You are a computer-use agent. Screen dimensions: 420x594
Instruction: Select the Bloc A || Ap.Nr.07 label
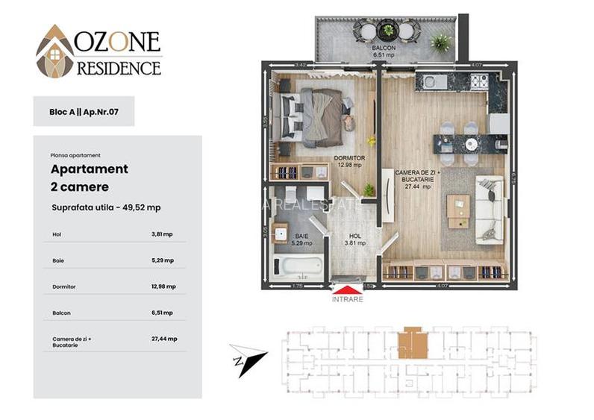pos(84,111)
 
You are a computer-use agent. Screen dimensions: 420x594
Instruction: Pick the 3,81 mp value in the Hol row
pos(162,234)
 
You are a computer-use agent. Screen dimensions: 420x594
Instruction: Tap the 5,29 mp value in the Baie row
pos(162,260)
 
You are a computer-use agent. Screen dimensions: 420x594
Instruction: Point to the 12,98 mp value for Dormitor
pos(163,286)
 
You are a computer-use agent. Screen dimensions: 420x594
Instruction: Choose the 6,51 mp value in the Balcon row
pos(162,313)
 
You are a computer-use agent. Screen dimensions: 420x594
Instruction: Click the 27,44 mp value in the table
pos(163,339)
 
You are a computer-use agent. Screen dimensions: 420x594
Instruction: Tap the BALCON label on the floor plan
pos(384,48)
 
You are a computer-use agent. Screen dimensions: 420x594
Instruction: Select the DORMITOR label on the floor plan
pos(349,158)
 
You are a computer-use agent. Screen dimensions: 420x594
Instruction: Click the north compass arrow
pos(249,357)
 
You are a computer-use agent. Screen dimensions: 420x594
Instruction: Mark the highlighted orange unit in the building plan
pos(412,344)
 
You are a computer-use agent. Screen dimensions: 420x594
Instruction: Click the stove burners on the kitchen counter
pos(478,80)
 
